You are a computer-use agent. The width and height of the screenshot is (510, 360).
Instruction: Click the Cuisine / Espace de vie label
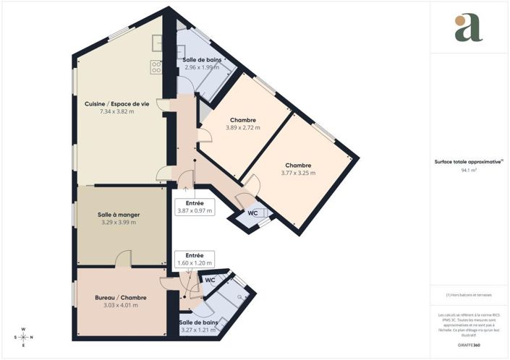(116, 104)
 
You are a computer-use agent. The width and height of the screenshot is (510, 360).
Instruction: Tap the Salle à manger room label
(118, 215)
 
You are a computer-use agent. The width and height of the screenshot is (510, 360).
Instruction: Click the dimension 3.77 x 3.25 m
(298, 173)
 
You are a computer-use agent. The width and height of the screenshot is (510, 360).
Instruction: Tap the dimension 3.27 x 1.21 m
(199, 329)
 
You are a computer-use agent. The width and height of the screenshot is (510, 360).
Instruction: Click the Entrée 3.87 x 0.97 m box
(195, 207)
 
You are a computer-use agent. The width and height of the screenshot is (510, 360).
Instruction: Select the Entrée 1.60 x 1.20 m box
(195, 260)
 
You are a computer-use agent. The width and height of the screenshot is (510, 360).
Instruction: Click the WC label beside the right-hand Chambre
(252, 213)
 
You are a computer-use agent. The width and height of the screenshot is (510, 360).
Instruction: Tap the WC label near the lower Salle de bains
(210, 279)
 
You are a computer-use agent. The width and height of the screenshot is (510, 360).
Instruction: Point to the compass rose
(23, 337)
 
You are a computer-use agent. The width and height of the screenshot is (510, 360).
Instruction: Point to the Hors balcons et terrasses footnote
(469, 294)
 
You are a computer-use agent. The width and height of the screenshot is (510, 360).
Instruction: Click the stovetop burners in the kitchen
(156, 67)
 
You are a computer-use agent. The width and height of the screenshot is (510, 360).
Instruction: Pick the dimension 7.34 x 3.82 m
(116, 111)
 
